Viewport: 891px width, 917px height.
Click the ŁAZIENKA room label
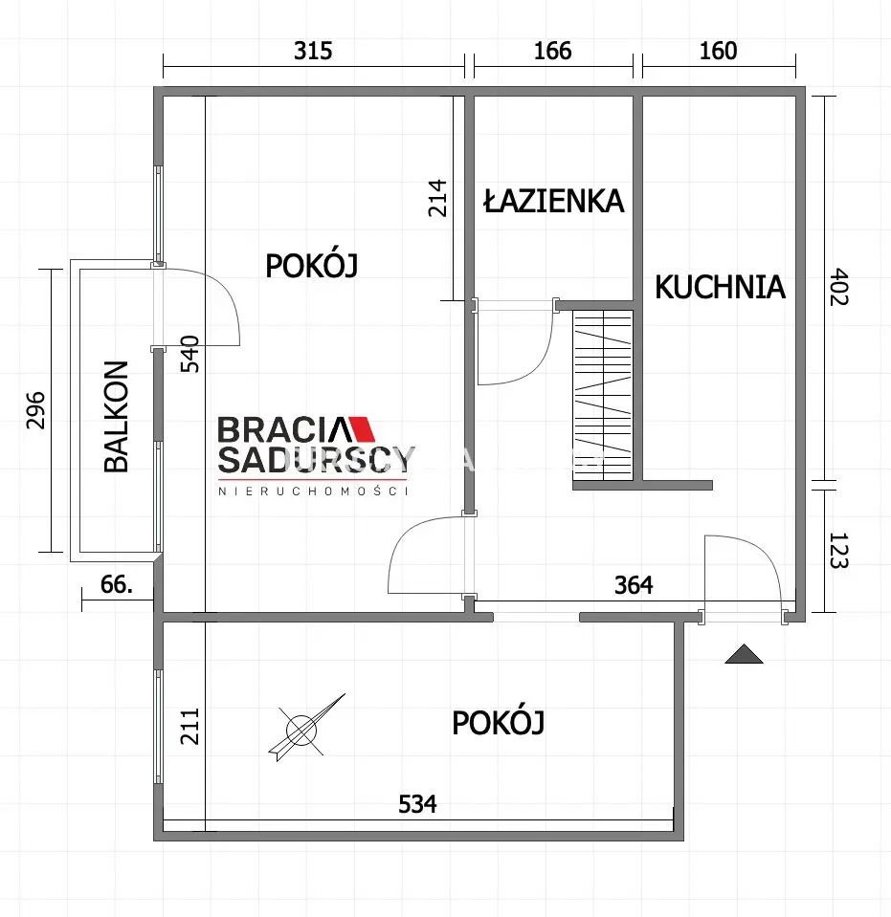point(554,201)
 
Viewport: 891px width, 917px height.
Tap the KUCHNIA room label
point(720,287)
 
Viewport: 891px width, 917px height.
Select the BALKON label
point(116,416)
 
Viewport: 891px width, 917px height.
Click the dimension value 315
point(313,51)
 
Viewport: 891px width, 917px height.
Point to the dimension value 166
point(552,51)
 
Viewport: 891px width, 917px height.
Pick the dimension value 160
point(719,51)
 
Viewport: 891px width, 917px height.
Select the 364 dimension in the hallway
point(634,584)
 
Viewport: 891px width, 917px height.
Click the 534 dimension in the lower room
point(417,804)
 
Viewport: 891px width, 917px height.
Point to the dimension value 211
point(189,727)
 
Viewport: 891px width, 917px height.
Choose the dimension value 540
point(189,354)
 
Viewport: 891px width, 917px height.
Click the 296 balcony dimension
point(35,410)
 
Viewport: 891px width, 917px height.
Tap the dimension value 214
point(436,198)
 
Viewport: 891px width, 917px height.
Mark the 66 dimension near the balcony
point(116,584)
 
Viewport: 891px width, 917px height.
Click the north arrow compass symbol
point(305,729)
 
